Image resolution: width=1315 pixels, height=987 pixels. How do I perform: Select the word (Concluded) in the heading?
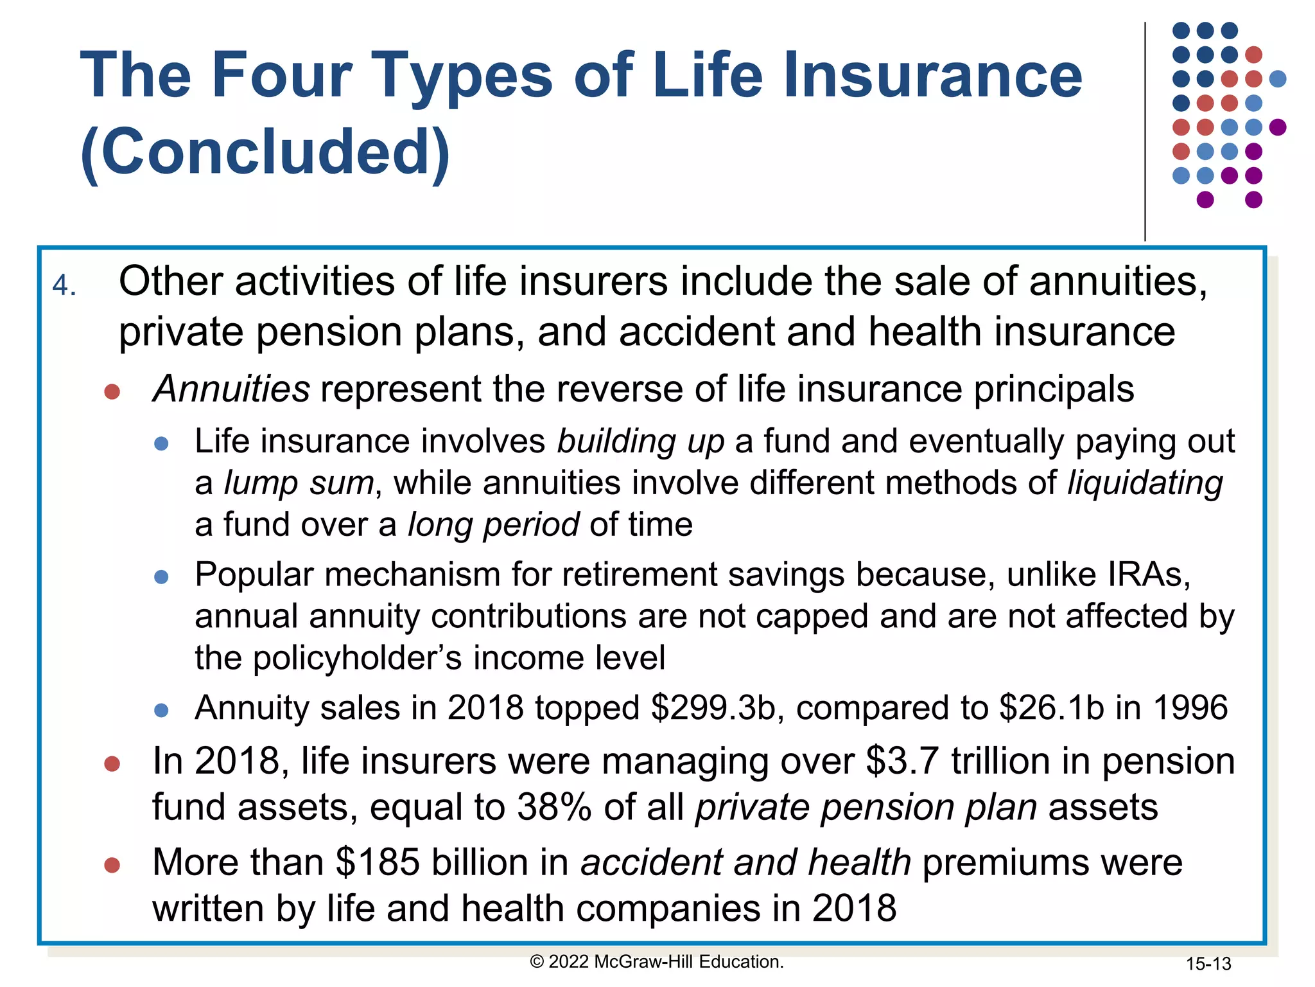click(x=265, y=152)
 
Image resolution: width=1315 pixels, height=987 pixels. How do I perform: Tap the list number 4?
click(x=64, y=285)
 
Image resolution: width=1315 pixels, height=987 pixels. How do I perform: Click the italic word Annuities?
click(x=232, y=389)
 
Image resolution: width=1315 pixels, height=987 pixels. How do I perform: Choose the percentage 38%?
click(x=554, y=807)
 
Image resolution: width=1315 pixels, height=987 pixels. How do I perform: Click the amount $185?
click(x=378, y=862)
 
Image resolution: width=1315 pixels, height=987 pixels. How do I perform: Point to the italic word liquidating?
click(x=1145, y=483)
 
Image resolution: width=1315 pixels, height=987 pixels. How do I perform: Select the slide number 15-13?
click(x=1208, y=964)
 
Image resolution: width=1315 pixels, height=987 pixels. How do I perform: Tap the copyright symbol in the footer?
click(x=537, y=962)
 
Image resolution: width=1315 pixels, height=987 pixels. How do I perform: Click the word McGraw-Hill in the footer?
click(x=644, y=962)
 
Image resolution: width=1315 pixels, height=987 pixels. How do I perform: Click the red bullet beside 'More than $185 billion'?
click(x=112, y=865)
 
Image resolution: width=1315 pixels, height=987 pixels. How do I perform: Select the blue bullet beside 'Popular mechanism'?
click(x=162, y=577)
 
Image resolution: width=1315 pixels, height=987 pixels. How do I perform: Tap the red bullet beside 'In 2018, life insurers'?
click(x=112, y=763)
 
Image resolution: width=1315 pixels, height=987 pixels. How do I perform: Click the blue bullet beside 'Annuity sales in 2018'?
click(x=162, y=710)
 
